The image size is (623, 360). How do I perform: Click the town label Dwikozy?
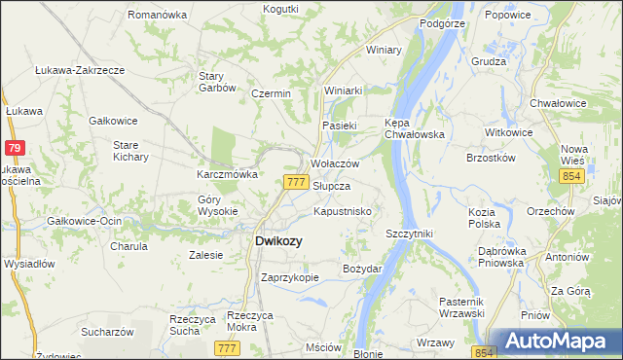[277, 240]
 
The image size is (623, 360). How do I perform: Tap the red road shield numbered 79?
[14, 148]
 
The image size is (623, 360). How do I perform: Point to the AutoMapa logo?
[558, 341]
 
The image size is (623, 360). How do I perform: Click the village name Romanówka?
[156, 16]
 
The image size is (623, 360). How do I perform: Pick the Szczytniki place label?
[409, 234]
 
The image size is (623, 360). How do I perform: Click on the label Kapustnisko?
[340, 211]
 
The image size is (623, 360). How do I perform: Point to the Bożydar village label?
[362, 268]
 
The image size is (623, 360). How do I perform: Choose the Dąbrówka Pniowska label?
[501, 257]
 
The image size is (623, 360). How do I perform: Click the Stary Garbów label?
[217, 81]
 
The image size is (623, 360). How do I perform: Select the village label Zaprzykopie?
[290, 277]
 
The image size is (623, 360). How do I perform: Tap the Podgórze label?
[439, 22]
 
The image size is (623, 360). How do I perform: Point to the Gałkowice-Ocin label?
[84, 221]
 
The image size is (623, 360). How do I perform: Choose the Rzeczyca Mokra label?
[247, 321]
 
